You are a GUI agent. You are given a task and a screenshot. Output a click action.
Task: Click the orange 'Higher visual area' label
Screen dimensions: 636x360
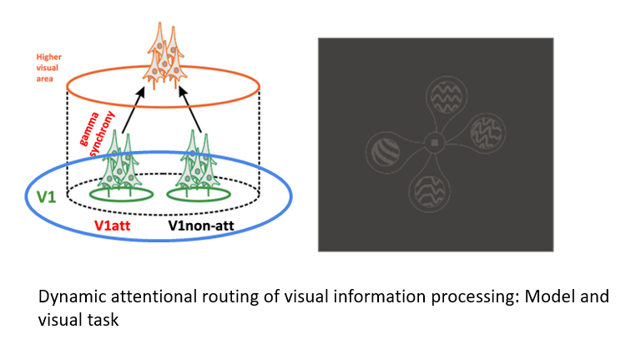[x=48, y=68]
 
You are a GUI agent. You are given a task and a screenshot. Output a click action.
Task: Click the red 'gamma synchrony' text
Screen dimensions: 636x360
[x=97, y=134]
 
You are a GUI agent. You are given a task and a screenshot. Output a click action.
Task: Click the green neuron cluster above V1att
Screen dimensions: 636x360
[x=119, y=161]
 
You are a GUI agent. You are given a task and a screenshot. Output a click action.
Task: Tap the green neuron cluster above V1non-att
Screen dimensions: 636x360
[x=198, y=161]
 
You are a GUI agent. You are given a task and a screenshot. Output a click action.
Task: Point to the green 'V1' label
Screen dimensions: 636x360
[x=46, y=197]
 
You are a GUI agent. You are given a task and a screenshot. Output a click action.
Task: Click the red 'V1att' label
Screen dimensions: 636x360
[x=113, y=226]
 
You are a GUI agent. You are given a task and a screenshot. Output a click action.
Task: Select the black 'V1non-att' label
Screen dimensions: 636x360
[x=201, y=226]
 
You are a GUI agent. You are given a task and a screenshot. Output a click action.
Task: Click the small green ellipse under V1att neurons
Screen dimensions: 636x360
[x=121, y=195]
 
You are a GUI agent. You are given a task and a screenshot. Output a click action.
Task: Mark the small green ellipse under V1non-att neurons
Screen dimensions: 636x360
[x=199, y=195]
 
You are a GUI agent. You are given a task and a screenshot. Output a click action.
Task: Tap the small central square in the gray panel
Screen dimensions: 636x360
[x=435, y=143]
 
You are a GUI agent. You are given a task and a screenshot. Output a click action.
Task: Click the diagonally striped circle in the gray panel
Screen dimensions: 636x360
[x=385, y=152]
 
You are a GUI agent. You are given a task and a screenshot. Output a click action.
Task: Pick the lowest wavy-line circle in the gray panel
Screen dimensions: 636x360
[x=430, y=191]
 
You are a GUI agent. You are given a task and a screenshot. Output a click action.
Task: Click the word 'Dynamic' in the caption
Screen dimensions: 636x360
[x=73, y=297]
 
